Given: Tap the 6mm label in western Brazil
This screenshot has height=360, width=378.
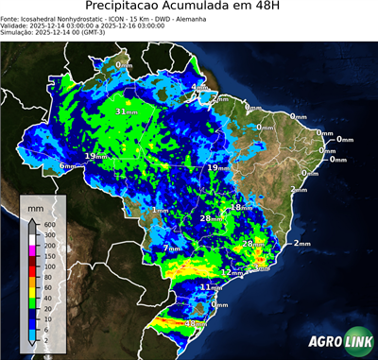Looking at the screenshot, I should pyautogui.click(x=68, y=166).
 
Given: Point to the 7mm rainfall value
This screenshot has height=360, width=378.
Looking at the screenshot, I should pyautogui.click(x=172, y=249).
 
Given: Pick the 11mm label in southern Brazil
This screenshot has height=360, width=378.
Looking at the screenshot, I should pyautogui.click(x=211, y=286).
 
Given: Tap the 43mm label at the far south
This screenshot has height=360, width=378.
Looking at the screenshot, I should pyautogui.click(x=195, y=324).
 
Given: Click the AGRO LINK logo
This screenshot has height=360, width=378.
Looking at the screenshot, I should pyautogui.click(x=337, y=342).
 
